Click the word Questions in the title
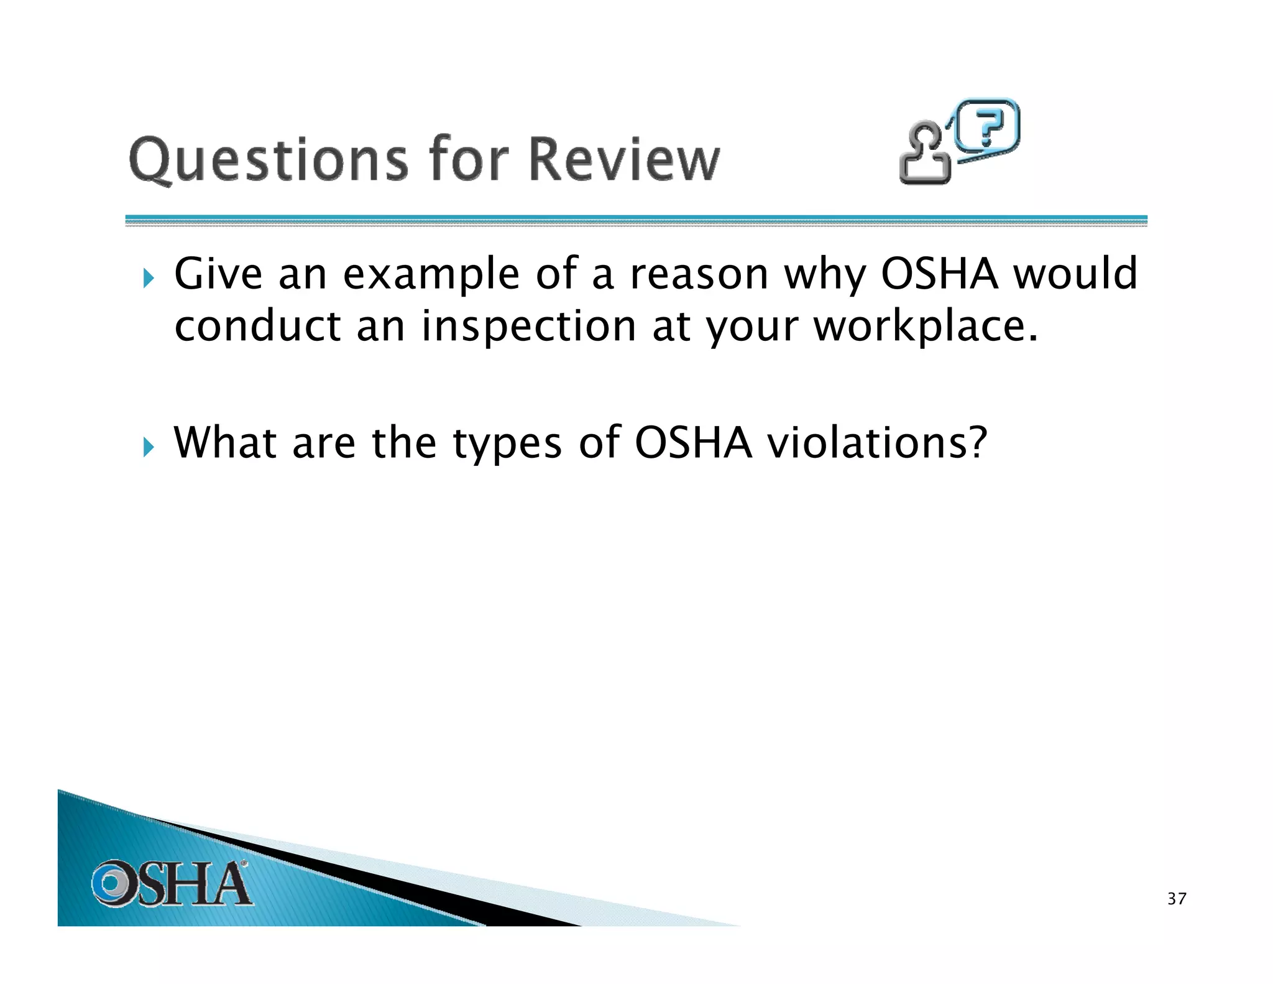[x=270, y=160]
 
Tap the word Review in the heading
[x=624, y=160]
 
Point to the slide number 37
[x=1177, y=899]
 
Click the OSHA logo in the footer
[x=172, y=884]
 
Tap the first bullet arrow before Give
[x=148, y=277]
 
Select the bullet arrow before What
[x=148, y=446]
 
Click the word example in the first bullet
[x=431, y=274]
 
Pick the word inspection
[x=528, y=327]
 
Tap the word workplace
[x=926, y=327]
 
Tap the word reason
[x=699, y=274]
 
